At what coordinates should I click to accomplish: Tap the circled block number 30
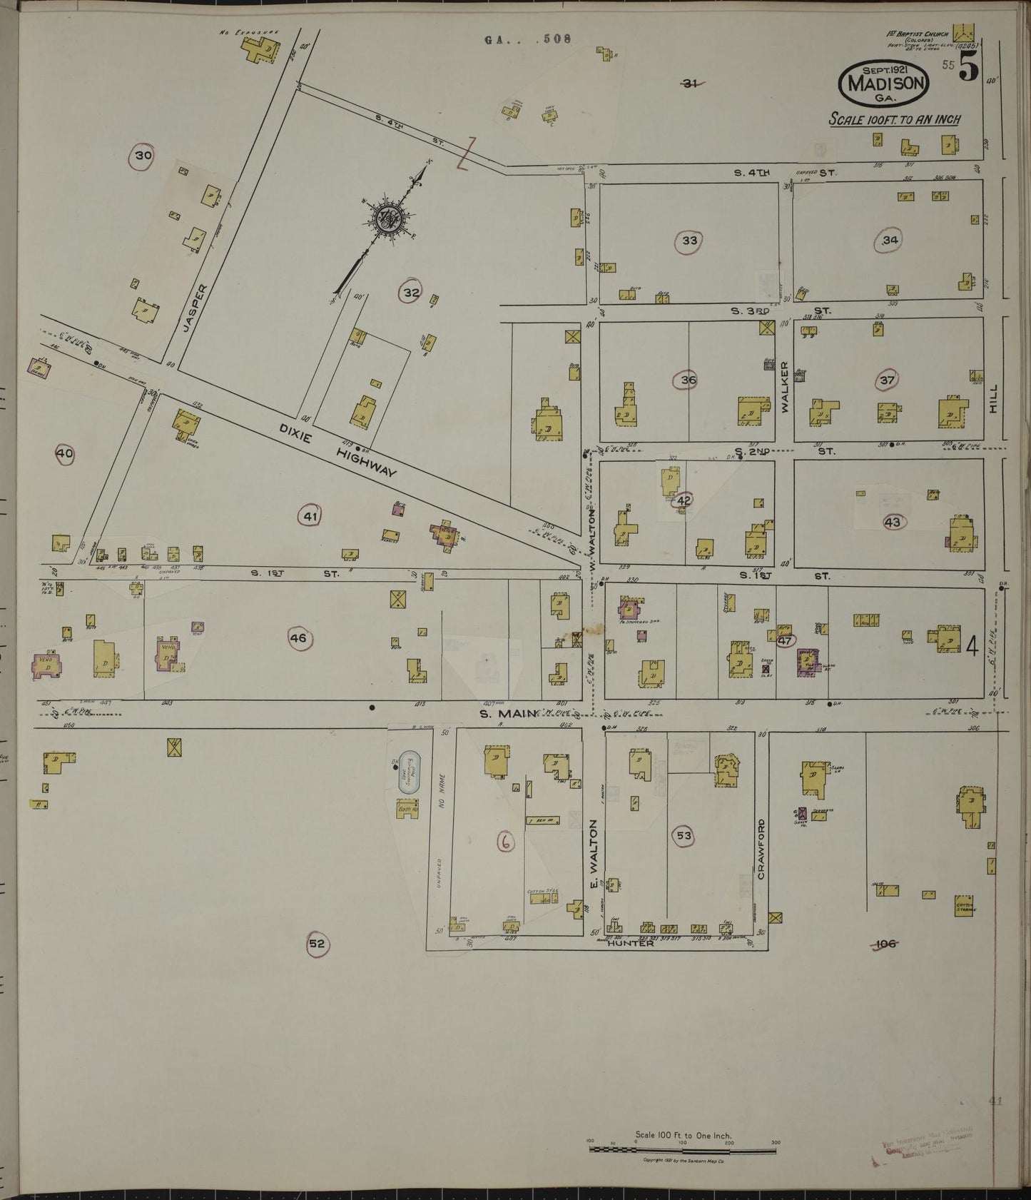pos(143,156)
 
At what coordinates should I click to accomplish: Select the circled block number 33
pos(689,241)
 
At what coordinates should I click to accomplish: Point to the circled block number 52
pos(317,944)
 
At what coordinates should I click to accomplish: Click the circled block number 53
pos(684,835)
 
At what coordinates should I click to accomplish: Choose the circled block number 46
pos(298,638)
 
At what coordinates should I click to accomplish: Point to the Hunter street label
pos(630,943)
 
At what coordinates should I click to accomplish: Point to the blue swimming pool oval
pos(410,770)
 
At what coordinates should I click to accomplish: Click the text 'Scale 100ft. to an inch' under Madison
pos(894,119)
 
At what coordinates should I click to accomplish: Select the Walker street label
pos(786,386)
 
